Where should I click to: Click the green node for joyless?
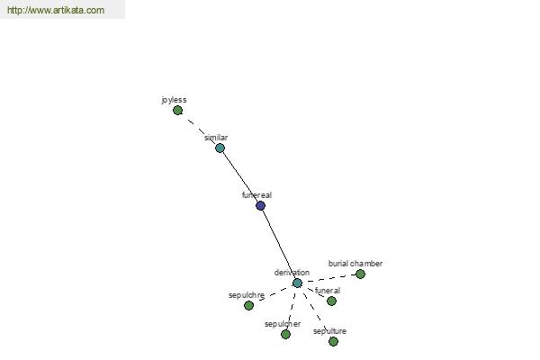click(x=177, y=110)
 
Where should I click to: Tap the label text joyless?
click(x=174, y=100)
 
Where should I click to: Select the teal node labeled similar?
click(x=220, y=148)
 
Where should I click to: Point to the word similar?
click(x=216, y=138)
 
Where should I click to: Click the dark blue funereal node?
click(x=261, y=206)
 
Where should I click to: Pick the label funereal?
click(x=256, y=195)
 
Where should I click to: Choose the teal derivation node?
click(x=297, y=283)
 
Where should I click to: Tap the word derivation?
click(x=292, y=273)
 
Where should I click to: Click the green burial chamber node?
click(x=360, y=274)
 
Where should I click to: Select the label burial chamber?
click(x=355, y=264)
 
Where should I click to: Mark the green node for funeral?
click(x=331, y=301)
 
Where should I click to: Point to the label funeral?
click(x=328, y=291)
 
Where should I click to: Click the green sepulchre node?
click(x=248, y=305)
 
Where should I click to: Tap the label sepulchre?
click(x=247, y=295)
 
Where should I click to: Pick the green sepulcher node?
click(x=285, y=334)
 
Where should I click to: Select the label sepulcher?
click(x=283, y=324)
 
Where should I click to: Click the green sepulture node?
click(x=333, y=341)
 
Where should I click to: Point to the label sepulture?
click(x=329, y=331)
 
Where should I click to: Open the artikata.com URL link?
click(x=56, y=10)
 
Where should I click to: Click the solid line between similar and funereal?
click(x=241, y=176)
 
